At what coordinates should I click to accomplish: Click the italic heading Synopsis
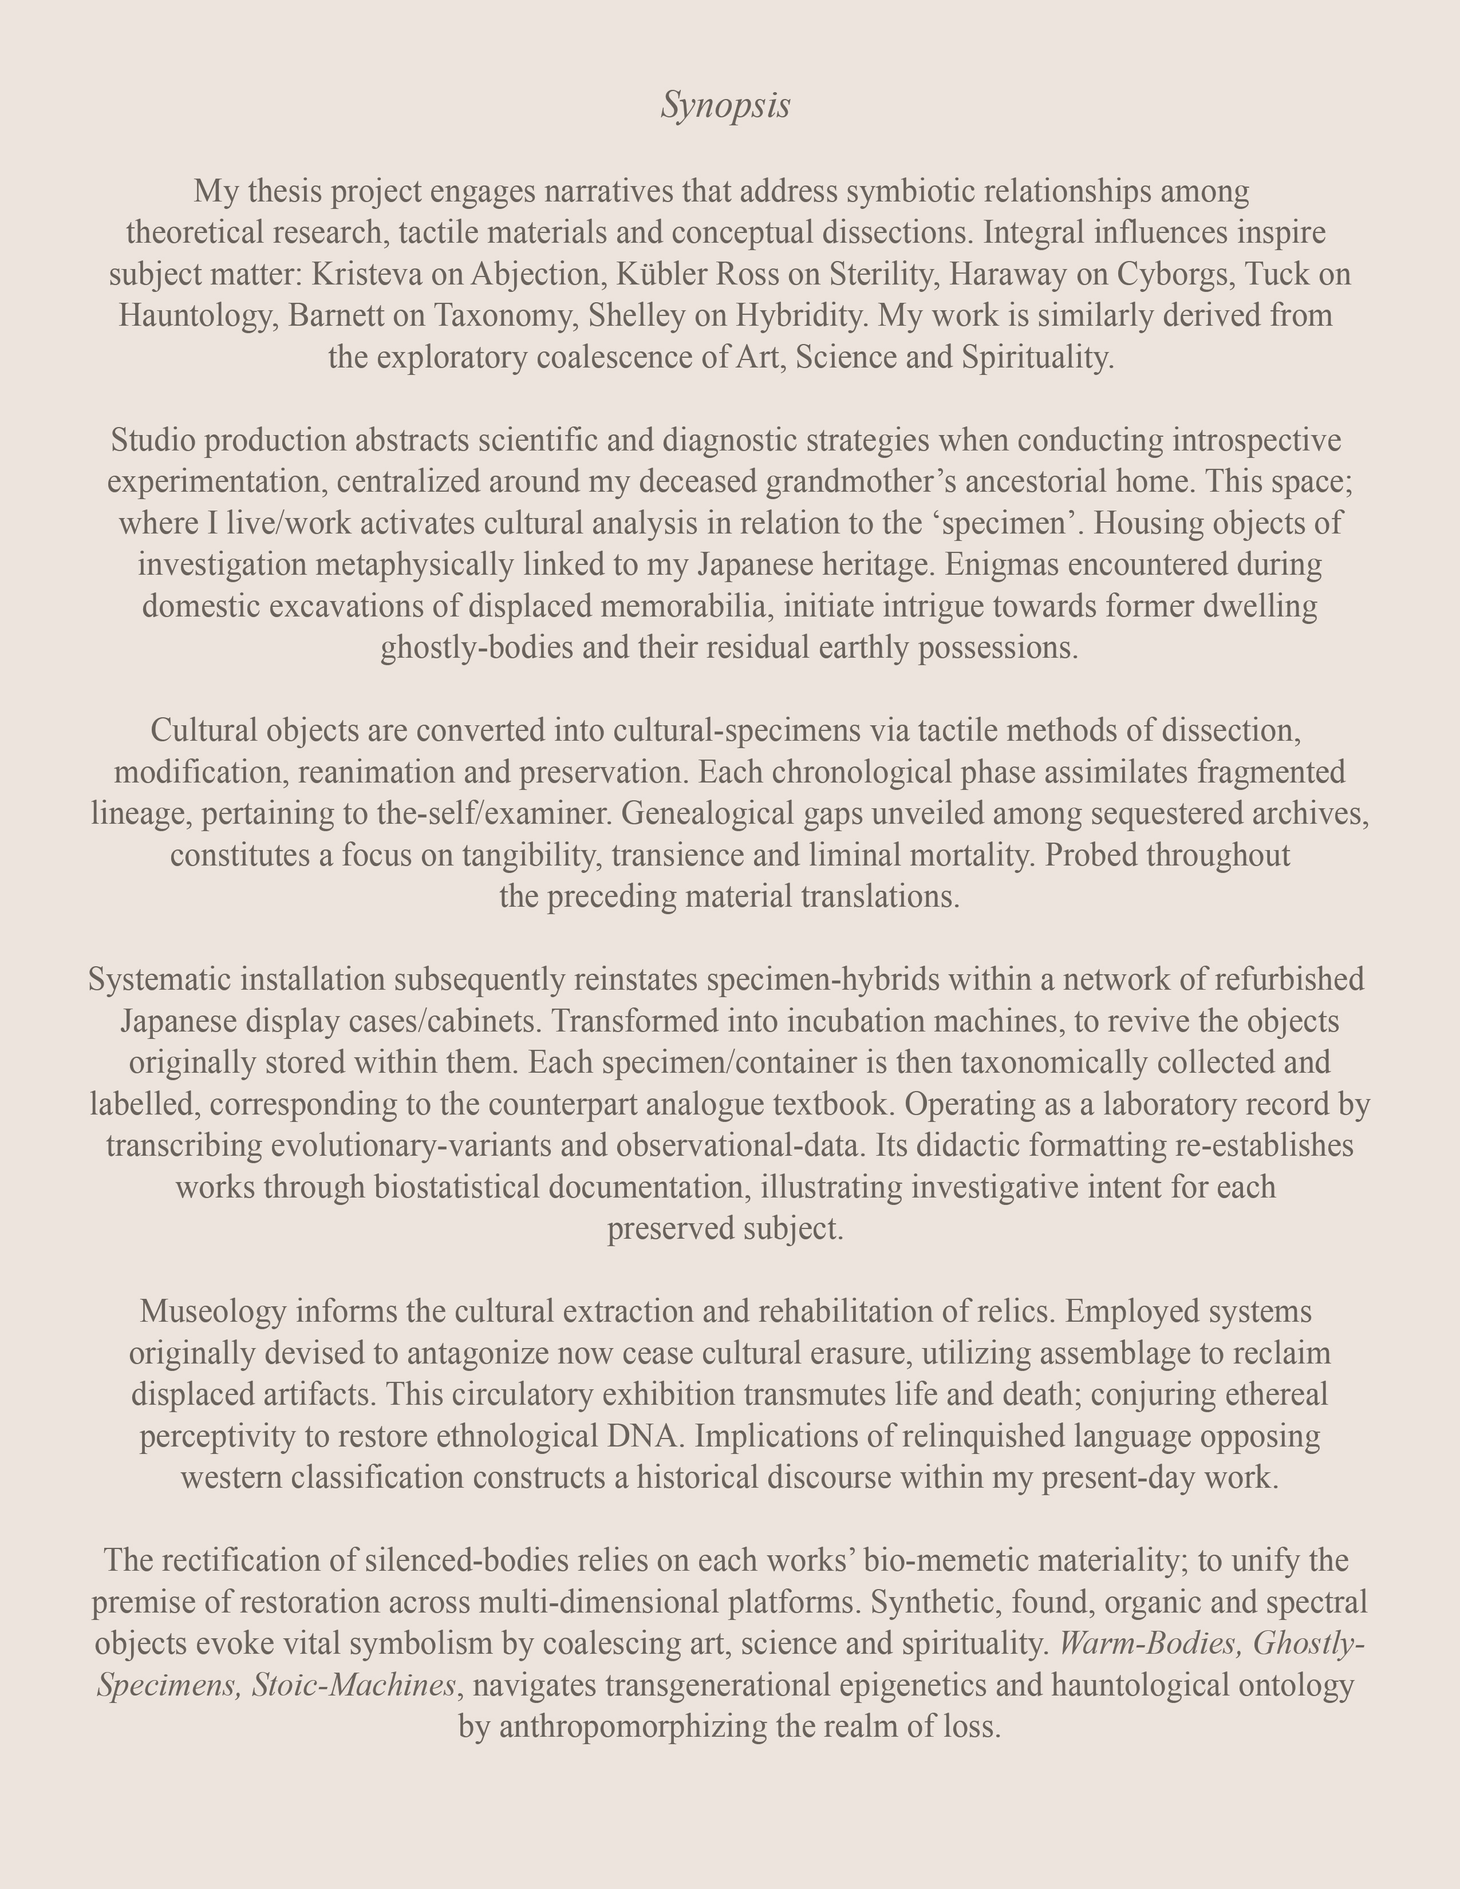coord(725,105)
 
